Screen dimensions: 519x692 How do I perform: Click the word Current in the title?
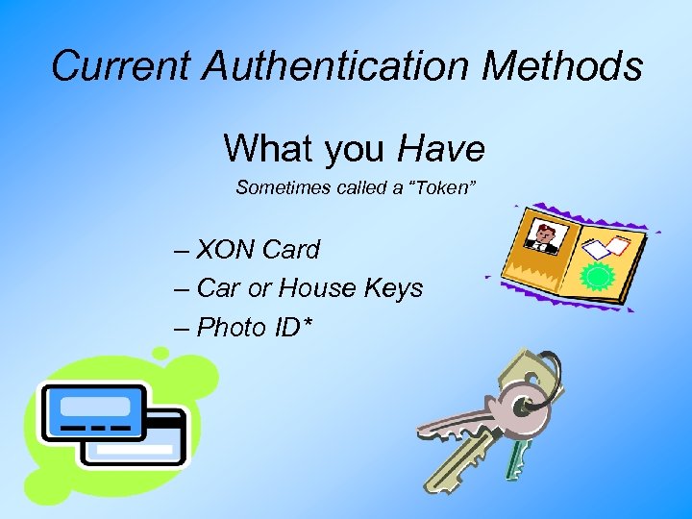107,66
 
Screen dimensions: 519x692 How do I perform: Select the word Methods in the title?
563,66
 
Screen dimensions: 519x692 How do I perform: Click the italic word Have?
441,149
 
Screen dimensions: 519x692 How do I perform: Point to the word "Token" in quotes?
443,188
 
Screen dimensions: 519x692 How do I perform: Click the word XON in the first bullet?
226,250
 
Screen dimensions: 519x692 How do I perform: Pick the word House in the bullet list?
309,288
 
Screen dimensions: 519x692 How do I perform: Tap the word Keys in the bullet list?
392,288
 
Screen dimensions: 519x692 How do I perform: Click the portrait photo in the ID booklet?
546,237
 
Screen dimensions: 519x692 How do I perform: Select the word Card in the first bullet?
290,250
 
